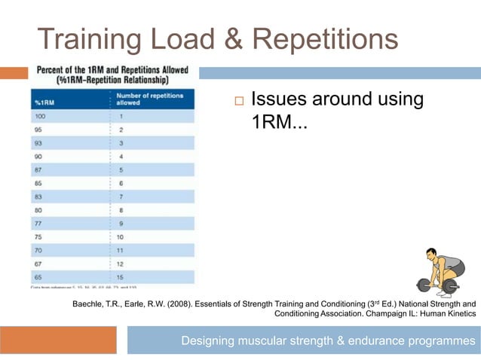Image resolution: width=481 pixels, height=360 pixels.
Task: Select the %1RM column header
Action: (44, 102)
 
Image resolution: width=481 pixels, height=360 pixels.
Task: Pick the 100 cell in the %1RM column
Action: (41, 117)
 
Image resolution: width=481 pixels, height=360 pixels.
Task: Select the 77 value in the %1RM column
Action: (38, 224)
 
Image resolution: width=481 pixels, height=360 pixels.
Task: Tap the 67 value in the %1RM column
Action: (38, 264)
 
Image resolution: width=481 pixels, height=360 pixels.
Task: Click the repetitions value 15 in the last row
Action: (121, 276)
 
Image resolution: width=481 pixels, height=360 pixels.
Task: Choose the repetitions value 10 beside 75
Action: (121, 236)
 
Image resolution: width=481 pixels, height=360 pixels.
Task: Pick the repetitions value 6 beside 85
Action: (121, 183)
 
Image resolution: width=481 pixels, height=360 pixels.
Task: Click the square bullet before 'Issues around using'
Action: (238, 101)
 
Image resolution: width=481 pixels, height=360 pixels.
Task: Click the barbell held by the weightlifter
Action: (440, 286)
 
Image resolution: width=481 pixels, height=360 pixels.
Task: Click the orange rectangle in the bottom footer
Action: (58, 340)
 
